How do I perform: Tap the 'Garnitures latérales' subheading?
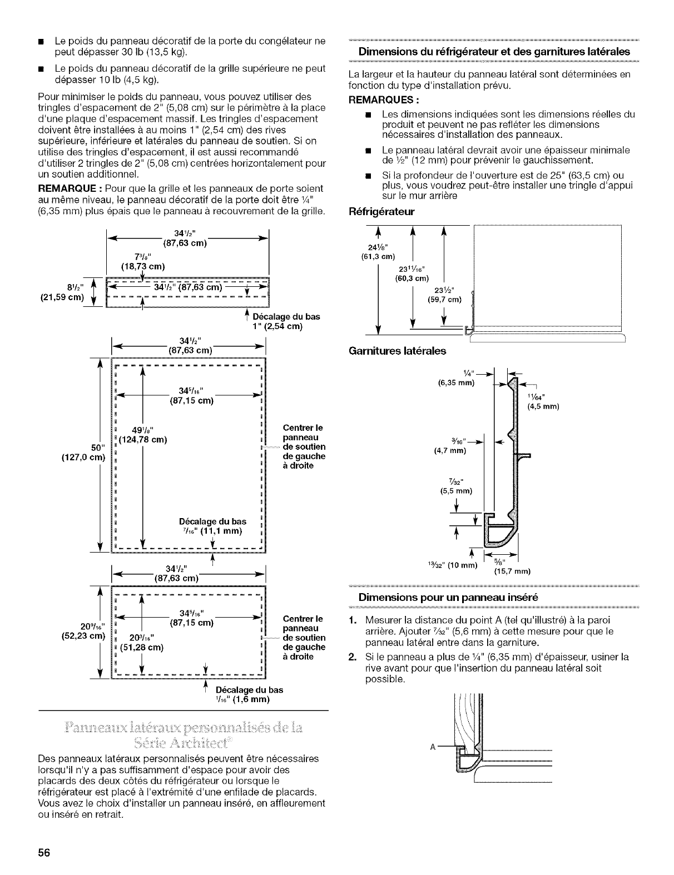pyautogui.click(x=397, y=351)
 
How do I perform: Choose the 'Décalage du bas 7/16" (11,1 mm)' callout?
pyautogui.click(x=212, y=526)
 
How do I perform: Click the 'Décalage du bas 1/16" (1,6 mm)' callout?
pyautogui.click(x=249, y=694)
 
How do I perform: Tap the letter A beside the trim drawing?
pyautogui.click(x=433, y=746)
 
